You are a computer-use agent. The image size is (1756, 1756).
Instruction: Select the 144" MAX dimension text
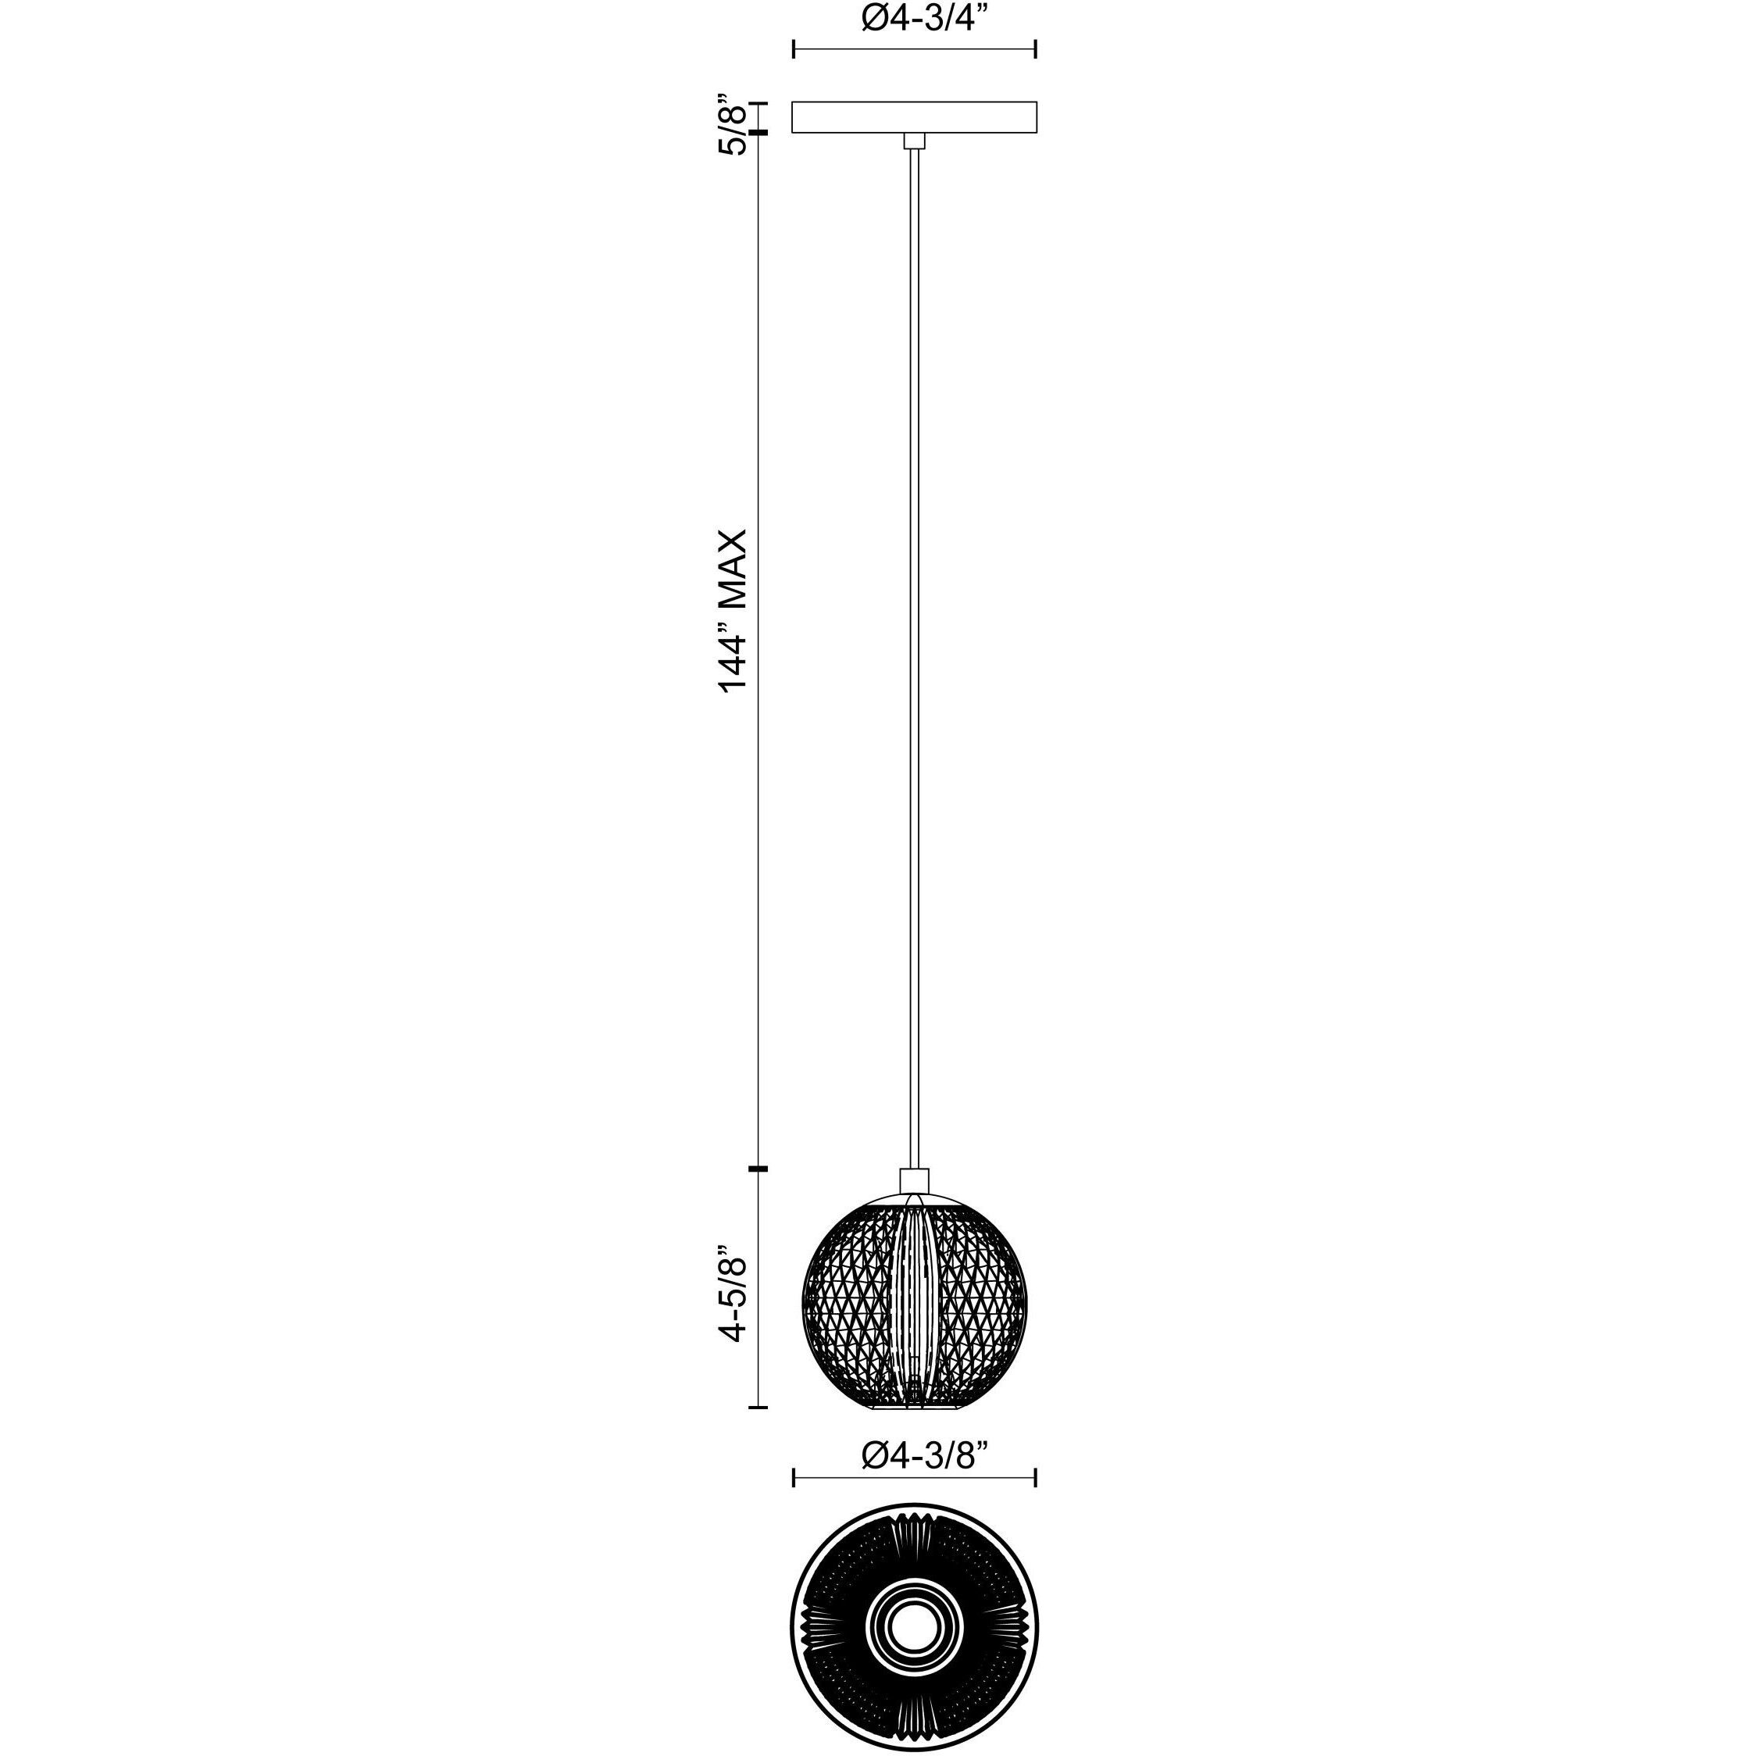click(733, 611)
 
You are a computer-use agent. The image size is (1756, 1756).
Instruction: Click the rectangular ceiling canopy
click(915, 117)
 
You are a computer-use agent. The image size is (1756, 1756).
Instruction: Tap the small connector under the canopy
click(915, 141)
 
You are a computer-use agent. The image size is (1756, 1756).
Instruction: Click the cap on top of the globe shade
click(915, 1180)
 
